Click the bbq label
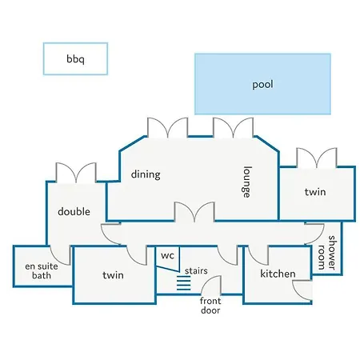tap(75, 59)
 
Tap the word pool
tap(262, 85)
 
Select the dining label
tap(146, 174)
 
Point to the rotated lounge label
tap(247, 182)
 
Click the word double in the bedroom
tap(74, 211)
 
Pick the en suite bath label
tap(42, 270)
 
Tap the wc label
tap(167, 255)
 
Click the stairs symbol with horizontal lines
tap(184, 283)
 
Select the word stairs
tap(196, 271)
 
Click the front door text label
tap(210, 306)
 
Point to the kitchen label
tap(278, 274)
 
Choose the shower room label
tap(327, 252)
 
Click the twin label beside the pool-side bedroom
tap(315, 192)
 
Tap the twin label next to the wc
tap(113, 275)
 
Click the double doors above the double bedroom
tap(76, 173)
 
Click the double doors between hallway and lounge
tap(194, 212)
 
